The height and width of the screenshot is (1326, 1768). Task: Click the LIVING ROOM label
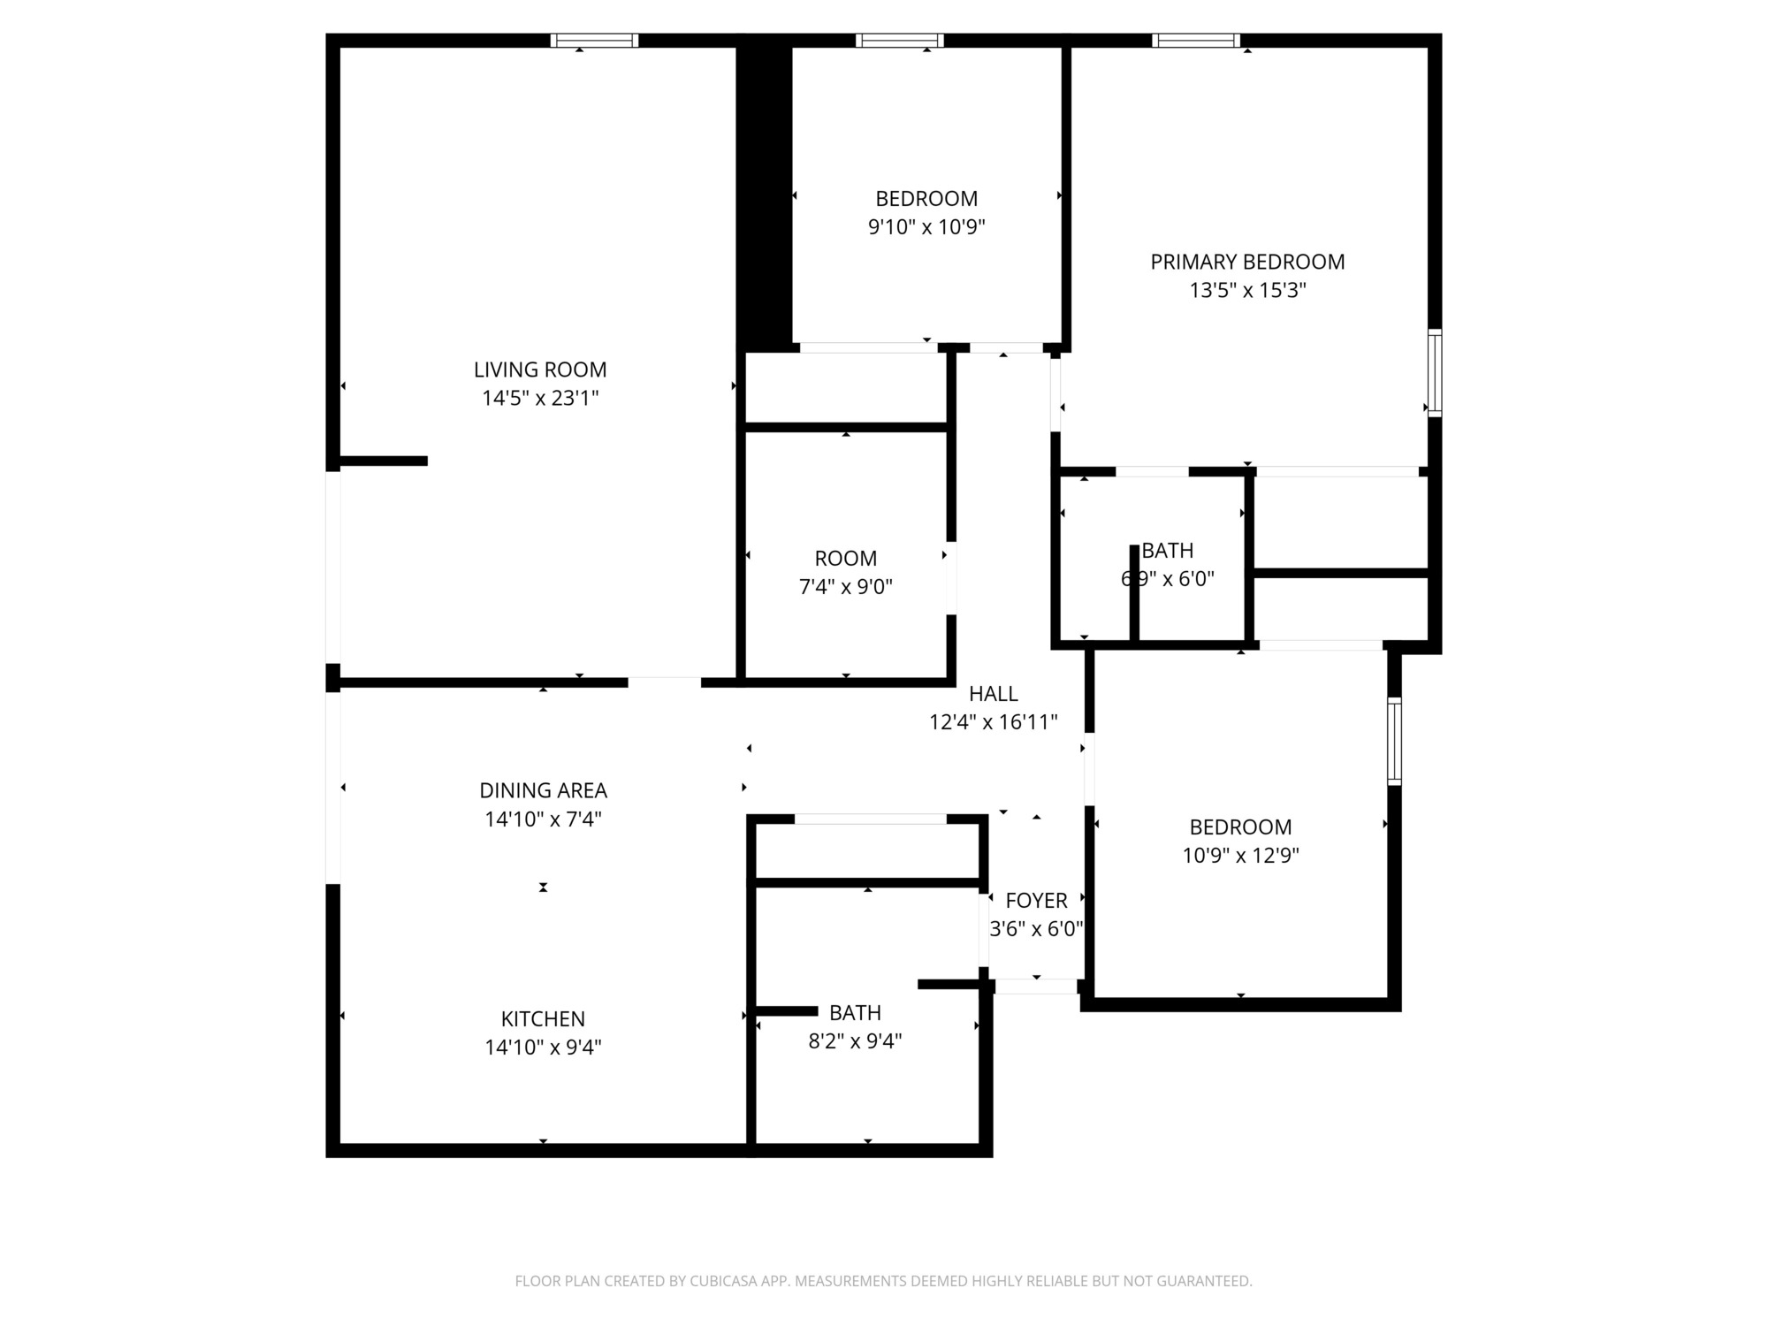coord(540,370)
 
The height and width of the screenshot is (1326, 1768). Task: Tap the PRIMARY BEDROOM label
coord(1247,262)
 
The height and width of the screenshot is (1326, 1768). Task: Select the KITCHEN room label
coord(543,1018)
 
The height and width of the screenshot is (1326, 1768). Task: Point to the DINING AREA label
coord(543,790)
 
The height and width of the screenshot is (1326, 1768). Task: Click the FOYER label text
coord(1036,901)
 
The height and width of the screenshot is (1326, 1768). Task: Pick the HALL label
coord(994,694)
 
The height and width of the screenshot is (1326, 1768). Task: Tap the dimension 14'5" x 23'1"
coord(540,398)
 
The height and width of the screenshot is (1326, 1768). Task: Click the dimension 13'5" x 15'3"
coord(1247,290)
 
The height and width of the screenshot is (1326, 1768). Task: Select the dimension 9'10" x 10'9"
coord(926,227)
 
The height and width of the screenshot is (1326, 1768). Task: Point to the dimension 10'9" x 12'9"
coord(1240,856)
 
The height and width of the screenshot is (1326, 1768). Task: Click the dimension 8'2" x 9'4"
coord(855,1041)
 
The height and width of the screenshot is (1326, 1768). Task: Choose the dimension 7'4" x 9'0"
coord(846,587)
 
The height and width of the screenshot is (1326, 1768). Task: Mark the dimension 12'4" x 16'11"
coord(994,722)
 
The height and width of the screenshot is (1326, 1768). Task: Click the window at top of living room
coord(594,40)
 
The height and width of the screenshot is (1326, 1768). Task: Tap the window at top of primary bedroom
coord(1196,40)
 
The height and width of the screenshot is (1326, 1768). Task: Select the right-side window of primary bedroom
coord(1435,373)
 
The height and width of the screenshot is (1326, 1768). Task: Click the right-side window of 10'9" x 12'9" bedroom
coord(1394,742)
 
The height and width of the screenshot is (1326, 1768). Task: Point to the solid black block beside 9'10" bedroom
coord(765,196)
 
